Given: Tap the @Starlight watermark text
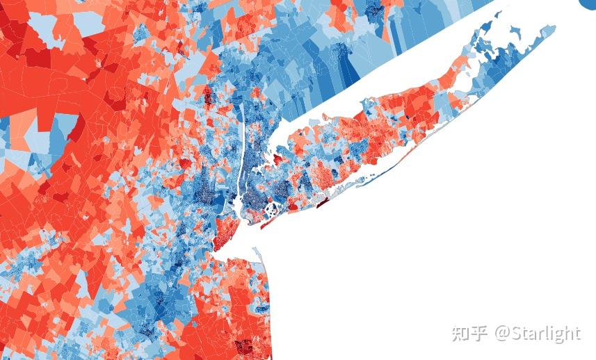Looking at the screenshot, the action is (537, 334).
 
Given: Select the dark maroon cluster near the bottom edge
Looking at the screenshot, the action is (244, 345).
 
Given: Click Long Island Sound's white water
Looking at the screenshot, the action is (362, 90).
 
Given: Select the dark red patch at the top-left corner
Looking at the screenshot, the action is (8, 28).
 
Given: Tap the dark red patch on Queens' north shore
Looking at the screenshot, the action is (277, 160).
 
